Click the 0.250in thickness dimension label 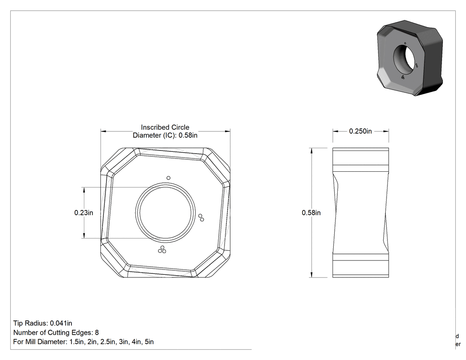360,131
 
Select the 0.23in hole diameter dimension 83,213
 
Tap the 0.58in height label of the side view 311,213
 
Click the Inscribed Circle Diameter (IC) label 165,131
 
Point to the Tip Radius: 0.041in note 43,323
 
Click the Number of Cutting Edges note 56,332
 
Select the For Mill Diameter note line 83,342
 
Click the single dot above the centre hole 169,178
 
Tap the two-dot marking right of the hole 201,218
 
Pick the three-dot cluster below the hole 162,250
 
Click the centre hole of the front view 165,213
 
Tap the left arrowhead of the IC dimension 103,131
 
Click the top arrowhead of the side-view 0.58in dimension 311,150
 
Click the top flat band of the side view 360,157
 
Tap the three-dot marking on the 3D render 403,77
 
